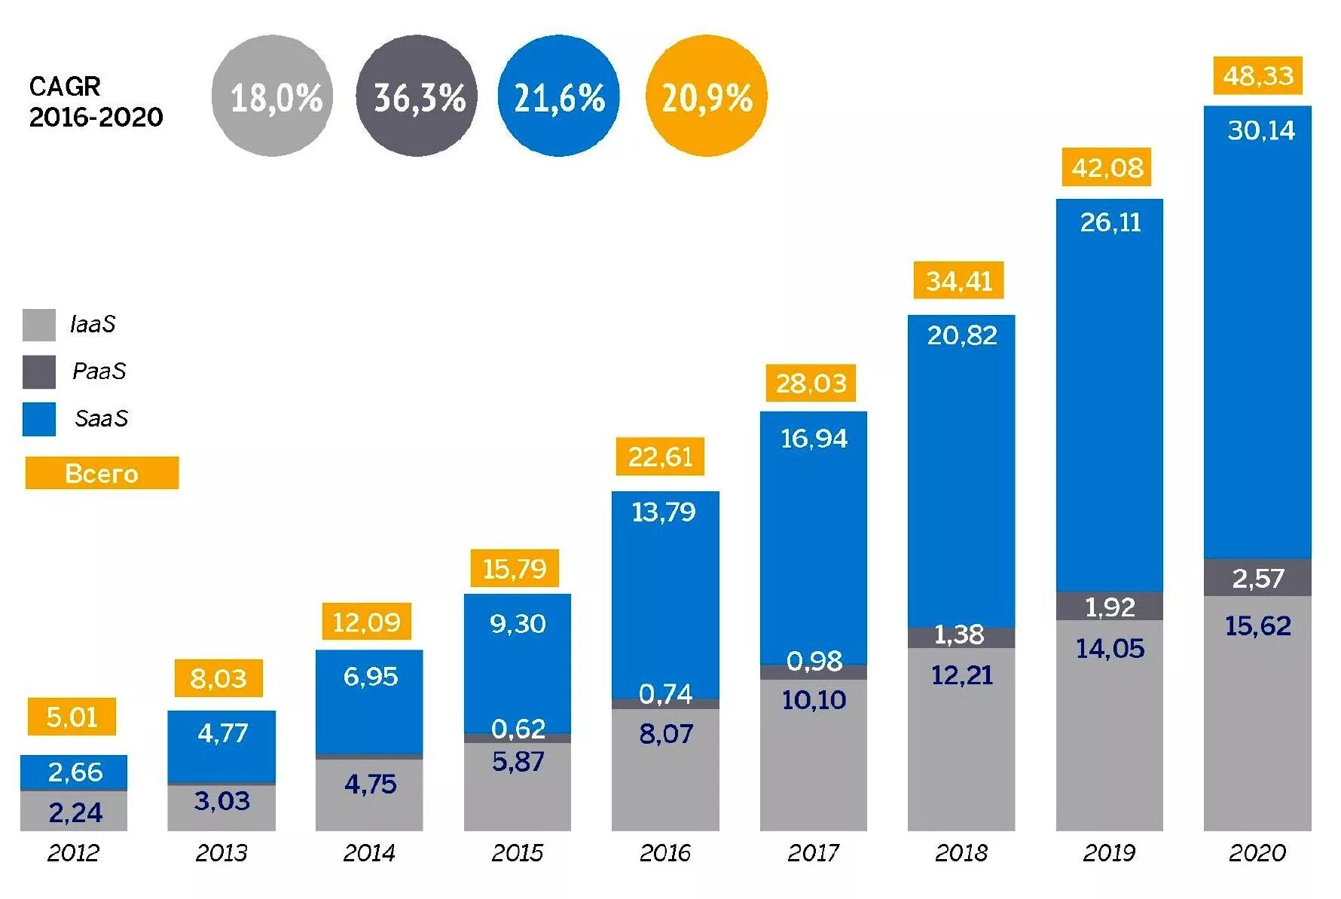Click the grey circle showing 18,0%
coord(272,96)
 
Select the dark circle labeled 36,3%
coord(417,96)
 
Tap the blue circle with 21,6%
coord(559,96)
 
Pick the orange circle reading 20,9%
coord(707,96)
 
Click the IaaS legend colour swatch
coord(39,325)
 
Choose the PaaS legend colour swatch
coord(39,372)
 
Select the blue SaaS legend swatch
coord(39,419)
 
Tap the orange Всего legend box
coord(102,473)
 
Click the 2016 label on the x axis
coord(664,852)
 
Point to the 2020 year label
coord(1257,852)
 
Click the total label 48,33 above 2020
coord(1257,76)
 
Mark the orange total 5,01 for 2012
coord(72,717)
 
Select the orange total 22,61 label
coord(660,457)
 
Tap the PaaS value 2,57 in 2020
coord(1257,578)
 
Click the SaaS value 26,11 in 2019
coord(1110,222)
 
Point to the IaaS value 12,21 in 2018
coord(961,675)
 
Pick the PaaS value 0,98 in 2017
coord(814,662)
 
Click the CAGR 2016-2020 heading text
coord(96,102)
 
